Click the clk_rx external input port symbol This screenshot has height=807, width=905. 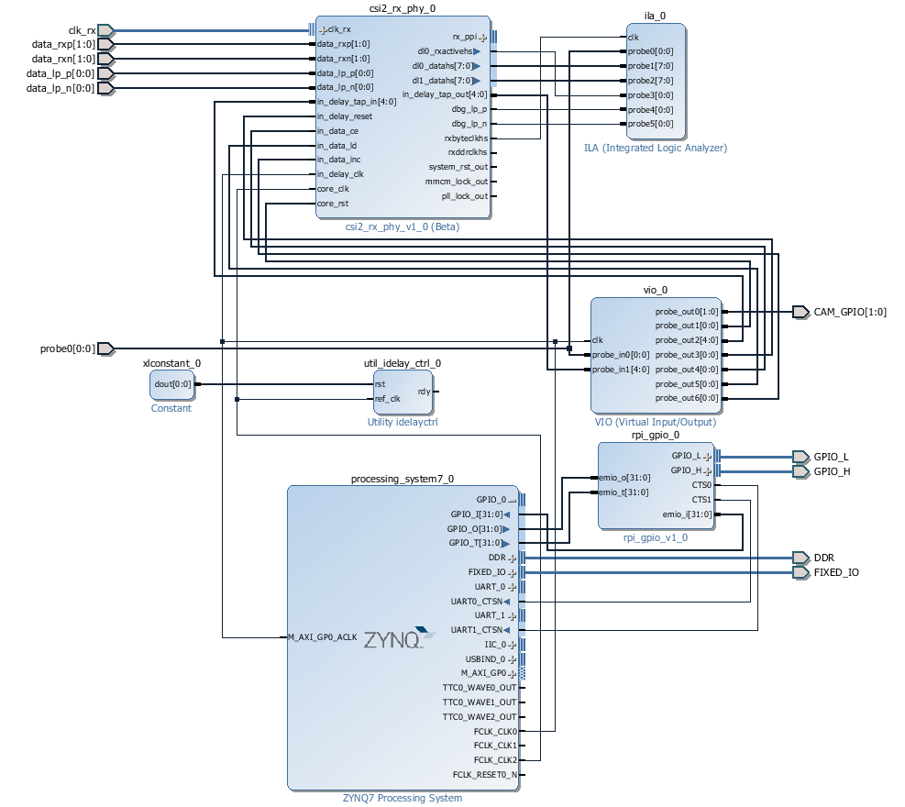tap(105, 30)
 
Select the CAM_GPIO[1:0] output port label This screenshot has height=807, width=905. tap(850, 313)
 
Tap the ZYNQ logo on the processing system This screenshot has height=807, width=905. tap(399, 638)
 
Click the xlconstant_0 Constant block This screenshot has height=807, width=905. tap(172, 385)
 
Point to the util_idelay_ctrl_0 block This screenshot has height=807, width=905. tap(403, 392)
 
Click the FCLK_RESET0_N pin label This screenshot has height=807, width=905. tap(485, 775)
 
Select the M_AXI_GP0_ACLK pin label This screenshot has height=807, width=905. tap(323, 637)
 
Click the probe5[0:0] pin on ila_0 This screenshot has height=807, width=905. tap(650, 124)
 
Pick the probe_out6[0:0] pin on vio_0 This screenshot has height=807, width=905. tap(687, 398)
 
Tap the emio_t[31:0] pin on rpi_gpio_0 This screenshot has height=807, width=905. tap(624, 492)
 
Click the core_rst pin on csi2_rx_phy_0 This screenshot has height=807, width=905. tap(333, 204)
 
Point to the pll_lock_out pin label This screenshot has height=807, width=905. tap(465, 196)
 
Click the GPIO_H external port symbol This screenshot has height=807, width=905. tap(800, 471)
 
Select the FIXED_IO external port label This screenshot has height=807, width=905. tap(836, 572)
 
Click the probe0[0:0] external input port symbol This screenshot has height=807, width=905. tap(105, 348)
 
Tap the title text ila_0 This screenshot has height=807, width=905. tap(655, 16)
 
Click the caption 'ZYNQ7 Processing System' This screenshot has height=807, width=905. tap(403, 799)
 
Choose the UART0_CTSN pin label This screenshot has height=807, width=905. tap(477, 602)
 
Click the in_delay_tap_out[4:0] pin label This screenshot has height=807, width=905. tap(445, 94)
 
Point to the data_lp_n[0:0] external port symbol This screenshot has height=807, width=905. tap(105, 88)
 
